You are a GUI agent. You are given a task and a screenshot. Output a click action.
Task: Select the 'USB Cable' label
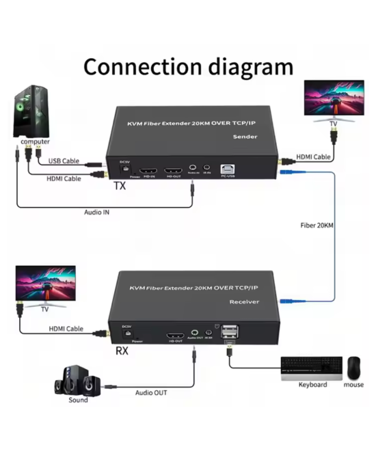(x=64, y=161)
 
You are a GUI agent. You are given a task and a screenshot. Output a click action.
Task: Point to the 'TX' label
(x=120, y=185)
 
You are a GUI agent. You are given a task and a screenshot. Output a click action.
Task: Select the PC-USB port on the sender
(x=228, y=167)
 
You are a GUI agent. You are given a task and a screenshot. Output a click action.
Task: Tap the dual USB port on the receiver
(x=232, y=333)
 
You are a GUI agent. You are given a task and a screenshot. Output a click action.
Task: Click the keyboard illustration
(x=311, y=368)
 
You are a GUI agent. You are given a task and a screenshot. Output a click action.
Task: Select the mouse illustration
(x=353, y=368)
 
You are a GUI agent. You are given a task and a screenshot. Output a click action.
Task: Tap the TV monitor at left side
(x=44, y=286)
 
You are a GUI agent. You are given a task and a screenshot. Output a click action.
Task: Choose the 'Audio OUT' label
(x=150, y=393)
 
